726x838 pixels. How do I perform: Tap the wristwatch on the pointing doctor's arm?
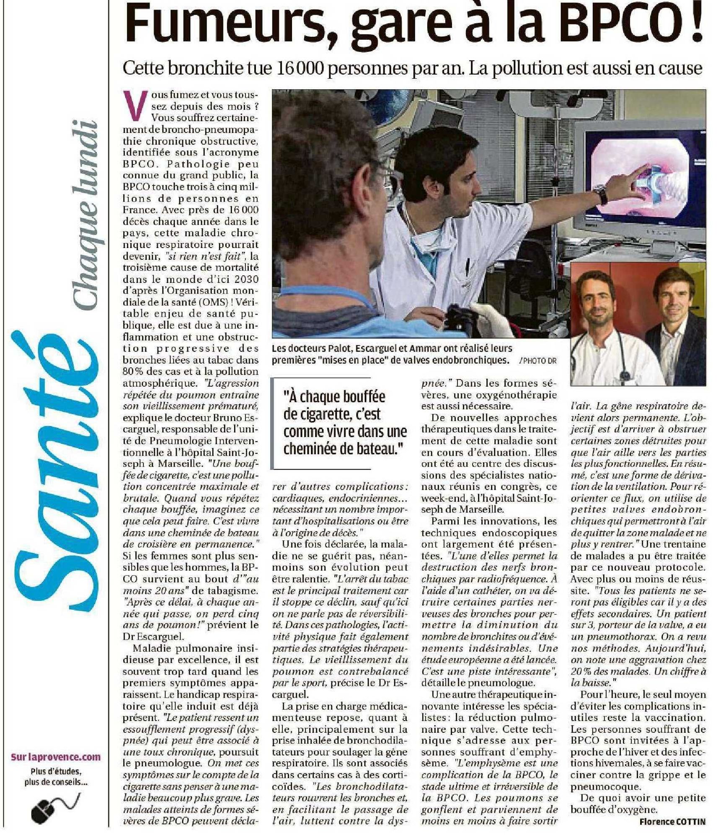(x=602, y=194)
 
